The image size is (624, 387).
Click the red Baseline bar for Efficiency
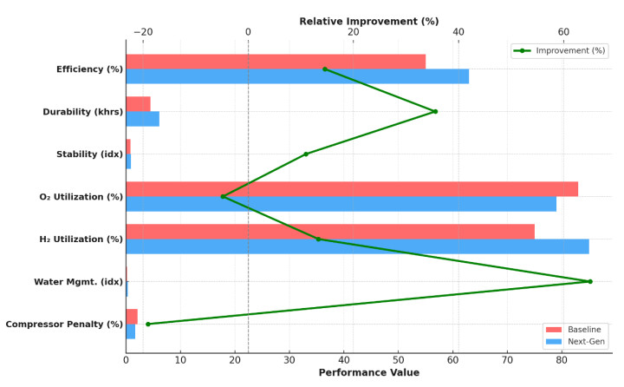(276, 62)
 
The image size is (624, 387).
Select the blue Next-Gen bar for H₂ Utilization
(357, 246)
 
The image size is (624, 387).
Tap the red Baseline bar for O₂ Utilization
(352, 189)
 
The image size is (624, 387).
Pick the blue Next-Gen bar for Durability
(142, 119)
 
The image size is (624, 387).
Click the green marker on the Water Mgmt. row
(590, 281)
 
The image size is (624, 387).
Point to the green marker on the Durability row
(435, 111)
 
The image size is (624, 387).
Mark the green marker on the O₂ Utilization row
(223, 196)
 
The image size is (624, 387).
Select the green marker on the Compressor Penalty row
(147, 324)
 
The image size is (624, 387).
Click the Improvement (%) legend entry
(559, 51)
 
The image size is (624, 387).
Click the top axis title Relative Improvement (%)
(368, 21)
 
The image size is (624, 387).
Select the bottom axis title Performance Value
(368, 373)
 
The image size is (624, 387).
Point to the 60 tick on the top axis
(563, 32)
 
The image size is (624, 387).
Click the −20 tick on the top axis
(143, 32)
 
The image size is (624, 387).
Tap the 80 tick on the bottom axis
(562, 359)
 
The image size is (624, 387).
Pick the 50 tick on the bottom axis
(398, 359)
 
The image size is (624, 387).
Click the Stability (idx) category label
(89, 154)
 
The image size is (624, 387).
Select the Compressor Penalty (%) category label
(64, 325)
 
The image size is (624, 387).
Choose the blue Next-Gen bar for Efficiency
(297, 76)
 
